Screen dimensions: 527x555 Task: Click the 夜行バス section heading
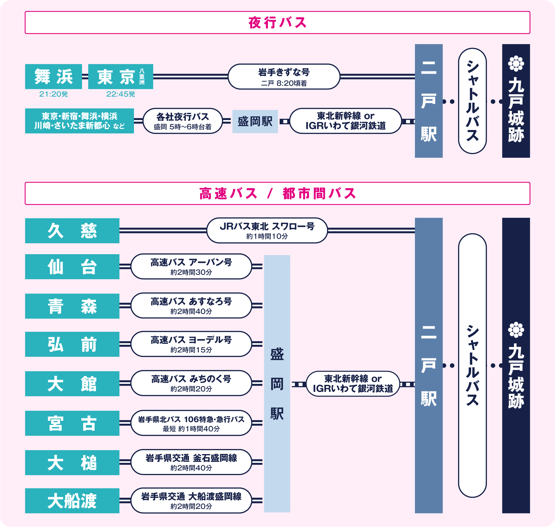click(x=277, y=22)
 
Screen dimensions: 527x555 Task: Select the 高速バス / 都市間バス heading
click(x=277, y=193)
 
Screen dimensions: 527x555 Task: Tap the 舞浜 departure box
click(x=53, y=76)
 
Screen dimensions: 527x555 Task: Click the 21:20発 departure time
click(x=53, y=94)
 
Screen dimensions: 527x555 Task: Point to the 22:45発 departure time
click(x=121, y=94)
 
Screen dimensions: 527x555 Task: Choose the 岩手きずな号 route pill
click(x=284, y=77)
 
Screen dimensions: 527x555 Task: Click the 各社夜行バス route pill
click(x=183, y=121)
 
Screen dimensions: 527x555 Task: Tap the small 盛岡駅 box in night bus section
click(x=255, y=121)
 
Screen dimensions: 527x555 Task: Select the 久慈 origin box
click(x=72, y=231)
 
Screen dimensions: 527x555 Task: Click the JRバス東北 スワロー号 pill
click(x=267, y=230)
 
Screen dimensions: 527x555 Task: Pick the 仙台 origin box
click(x=72, y=267)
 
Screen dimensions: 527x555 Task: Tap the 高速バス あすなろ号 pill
click(x=191, y=306)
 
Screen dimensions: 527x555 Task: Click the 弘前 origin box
click(x=72, y=344)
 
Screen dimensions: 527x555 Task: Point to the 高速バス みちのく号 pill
click(x=191, y=383)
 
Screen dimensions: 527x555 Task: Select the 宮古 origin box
click(x=72, y=423)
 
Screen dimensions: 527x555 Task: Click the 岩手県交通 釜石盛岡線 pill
click(x=191, y=462)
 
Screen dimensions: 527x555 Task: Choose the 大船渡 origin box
click(x=72, y=501)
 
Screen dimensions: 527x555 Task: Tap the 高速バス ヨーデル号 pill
click(x=191, y=344)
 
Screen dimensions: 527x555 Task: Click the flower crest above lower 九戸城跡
click(x=516, y=330)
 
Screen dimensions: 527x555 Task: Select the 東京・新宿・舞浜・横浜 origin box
click(x=79, y=121)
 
